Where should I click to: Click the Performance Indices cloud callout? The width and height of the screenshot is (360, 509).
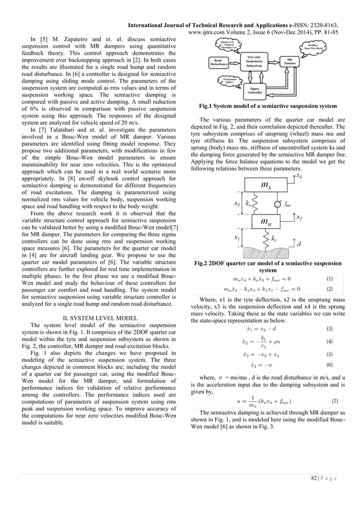[230, 81]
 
